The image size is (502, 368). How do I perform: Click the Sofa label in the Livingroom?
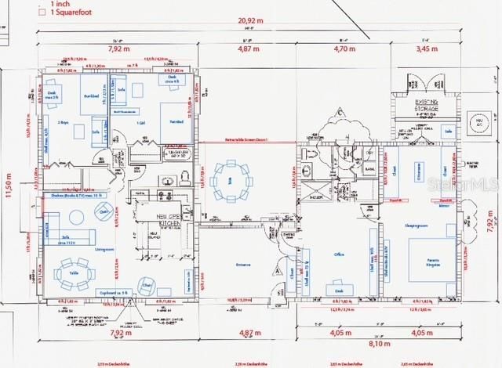point(68,238)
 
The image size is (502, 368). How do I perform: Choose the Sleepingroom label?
point(415,225)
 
